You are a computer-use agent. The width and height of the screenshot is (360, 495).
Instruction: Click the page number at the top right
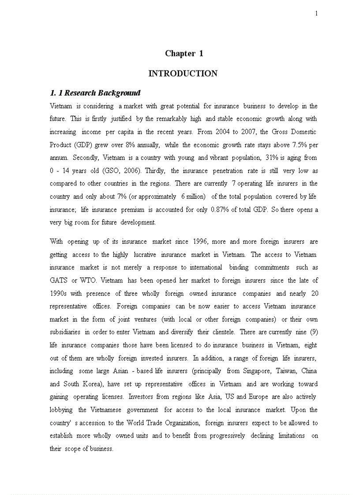click(x=316, y=14)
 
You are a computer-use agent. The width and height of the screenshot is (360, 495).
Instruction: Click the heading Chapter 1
click(x=184, y=54)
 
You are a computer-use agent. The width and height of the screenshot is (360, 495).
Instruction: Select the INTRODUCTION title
click(x=183, y=74)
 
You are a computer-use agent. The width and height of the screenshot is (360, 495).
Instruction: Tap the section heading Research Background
click(x=95, y=93)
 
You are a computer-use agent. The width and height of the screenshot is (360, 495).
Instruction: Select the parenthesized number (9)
click(x=311, y=332)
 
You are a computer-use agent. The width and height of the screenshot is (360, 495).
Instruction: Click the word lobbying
click(x=61, y=410)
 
